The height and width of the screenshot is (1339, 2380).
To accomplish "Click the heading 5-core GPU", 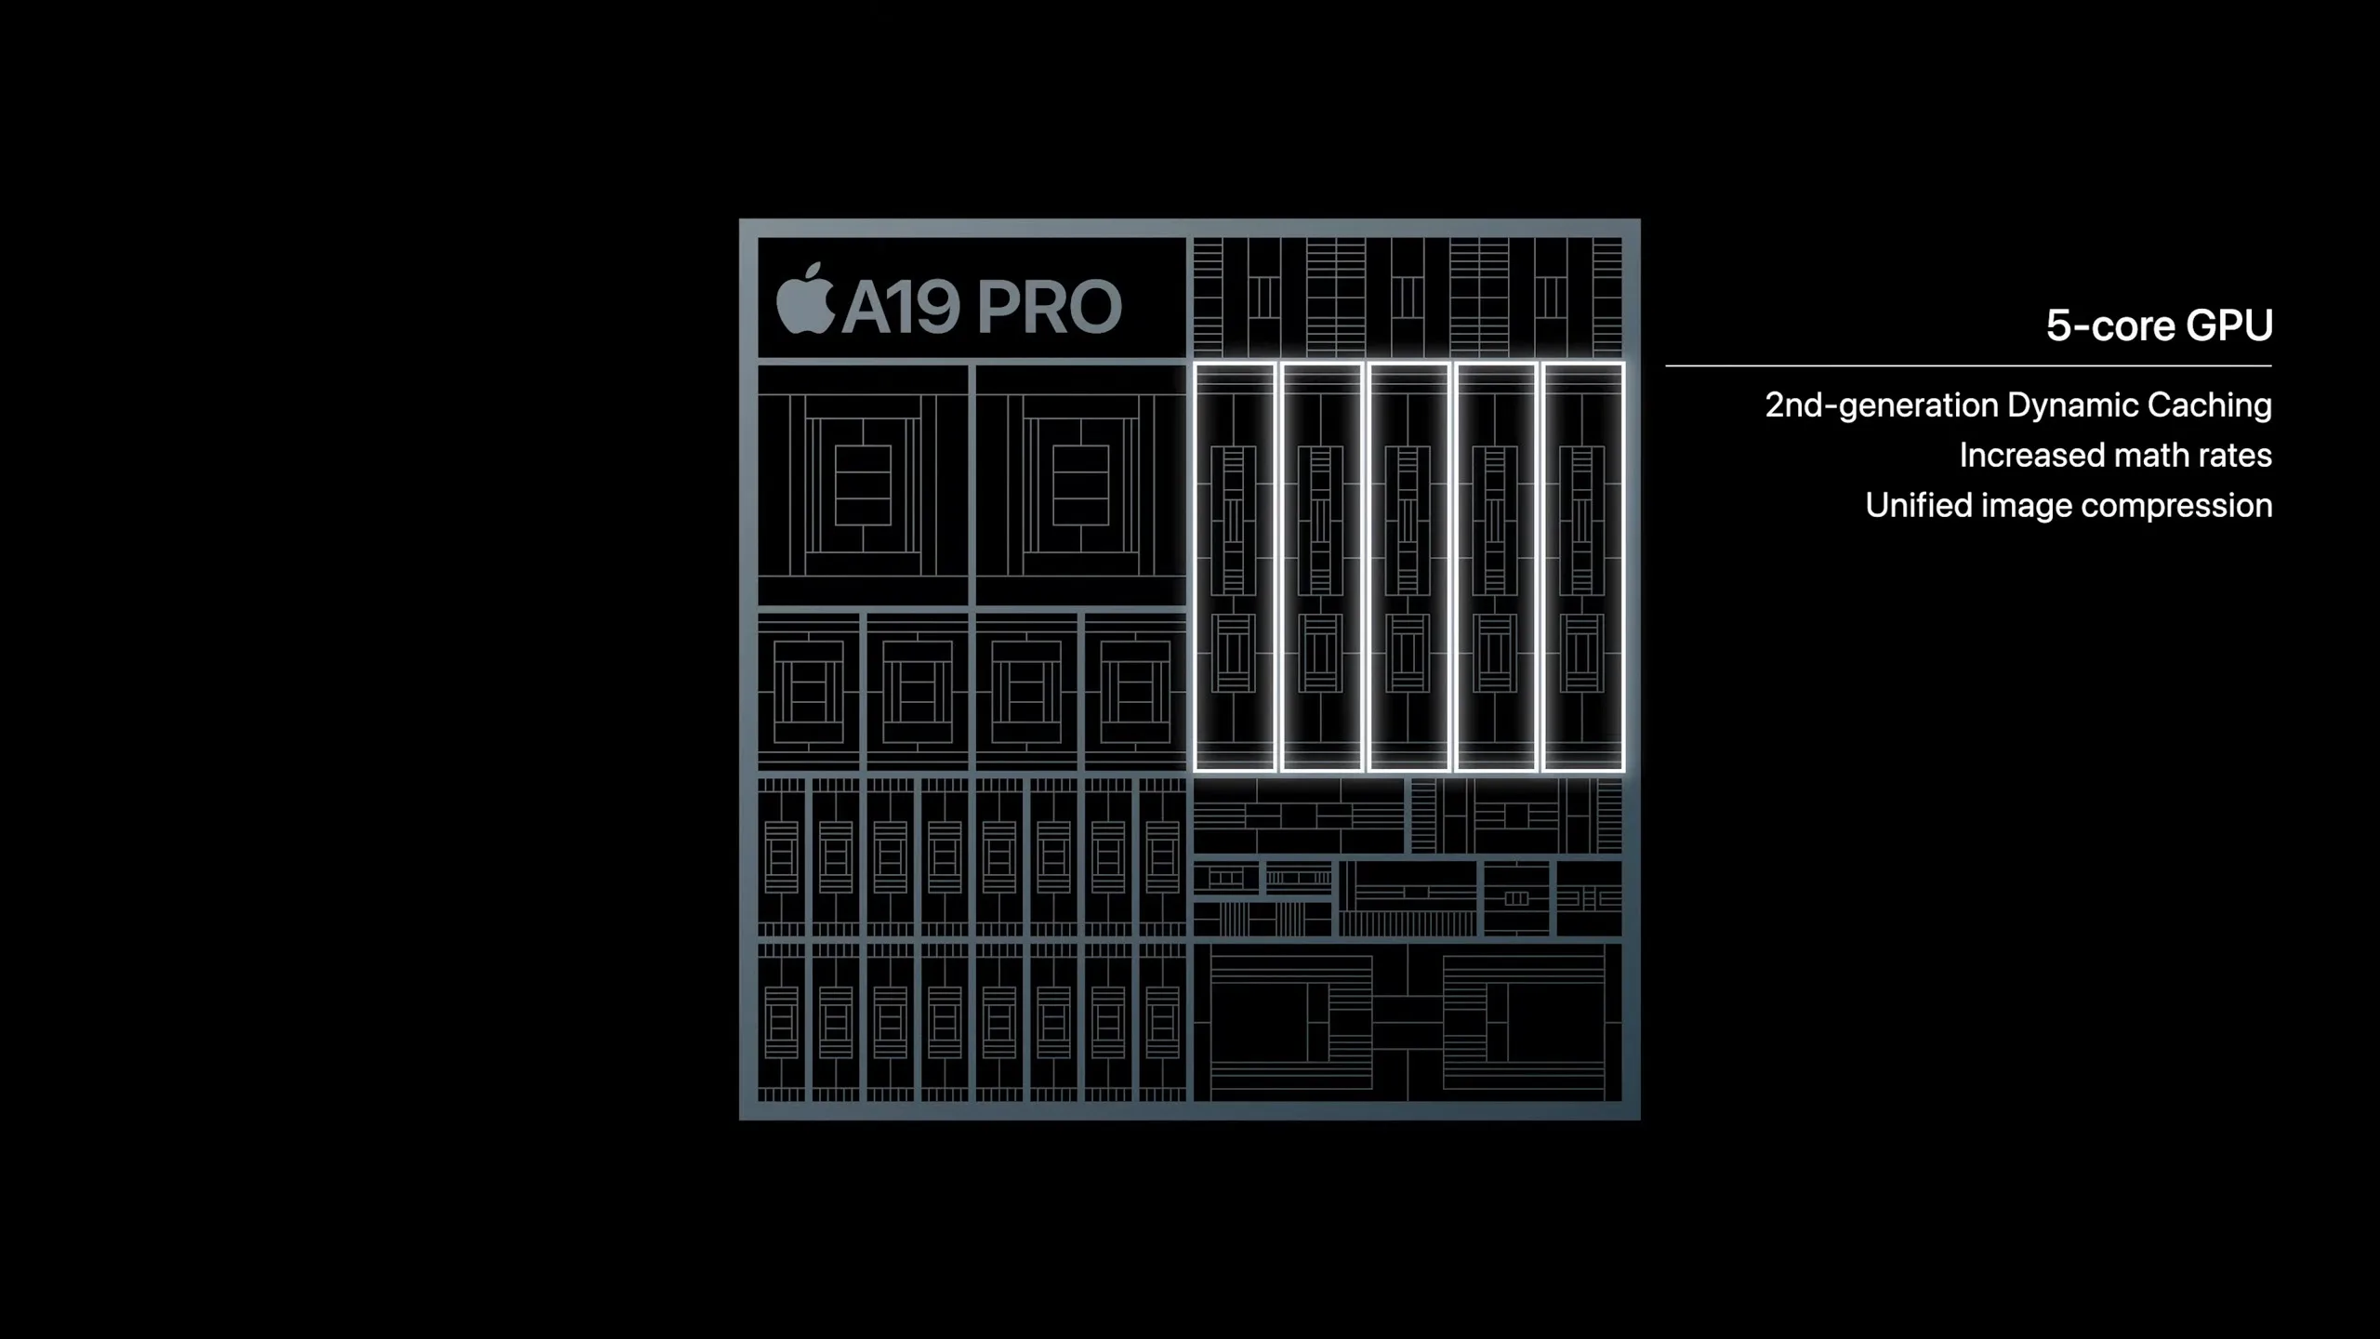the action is coord(2159,325).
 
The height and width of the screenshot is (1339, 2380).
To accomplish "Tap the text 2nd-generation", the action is coord(1882,405).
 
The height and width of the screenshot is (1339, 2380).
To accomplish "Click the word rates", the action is coord(2239,457).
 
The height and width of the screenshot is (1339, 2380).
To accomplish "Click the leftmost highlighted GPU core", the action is coord(1235,567).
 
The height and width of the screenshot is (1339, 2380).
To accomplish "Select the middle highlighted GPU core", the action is coord(1408,567).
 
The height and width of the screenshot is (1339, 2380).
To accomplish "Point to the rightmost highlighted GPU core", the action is coord(1583,567).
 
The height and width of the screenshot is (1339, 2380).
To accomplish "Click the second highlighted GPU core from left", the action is coord(1322,567).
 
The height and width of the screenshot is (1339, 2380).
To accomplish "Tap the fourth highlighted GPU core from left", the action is coord(1496,567).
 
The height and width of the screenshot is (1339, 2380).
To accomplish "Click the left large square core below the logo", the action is coord(863,485).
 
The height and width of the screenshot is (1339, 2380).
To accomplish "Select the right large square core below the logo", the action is coord(1080,485).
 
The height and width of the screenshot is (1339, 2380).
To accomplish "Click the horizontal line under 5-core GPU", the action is coord(1968,366).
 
